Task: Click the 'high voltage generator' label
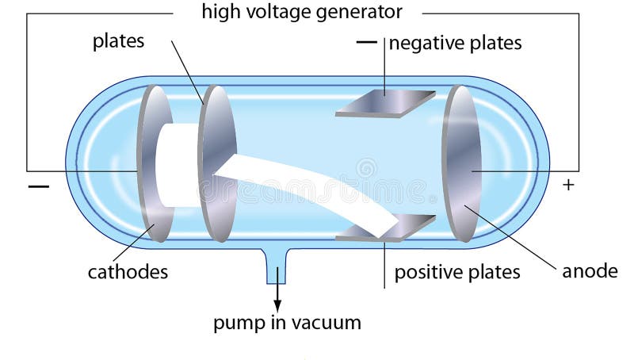coord(301,12)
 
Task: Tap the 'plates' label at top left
coord(118,41)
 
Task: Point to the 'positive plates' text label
coord(457,272)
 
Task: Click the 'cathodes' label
coord(128,272)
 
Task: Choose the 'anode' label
coord(590,270)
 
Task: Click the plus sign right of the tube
coord(567,185)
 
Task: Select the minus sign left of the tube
coord(38,186)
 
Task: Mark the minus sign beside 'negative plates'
coord(365,43)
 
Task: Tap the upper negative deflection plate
coord(385,104)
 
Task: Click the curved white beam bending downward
coord(317,190)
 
